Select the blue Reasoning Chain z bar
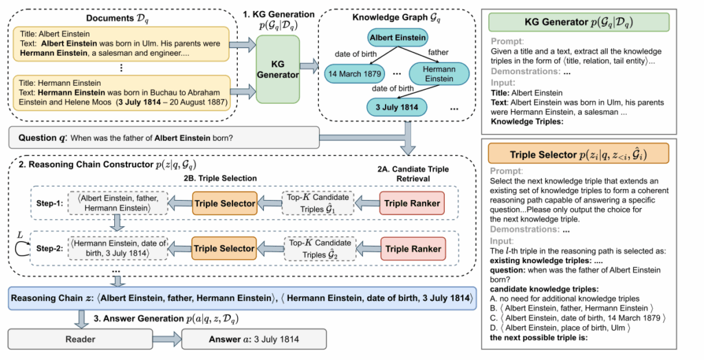pyautogui.click(x=241, y=298)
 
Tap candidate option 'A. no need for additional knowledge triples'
pyautogui.click(x=566, y=299)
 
